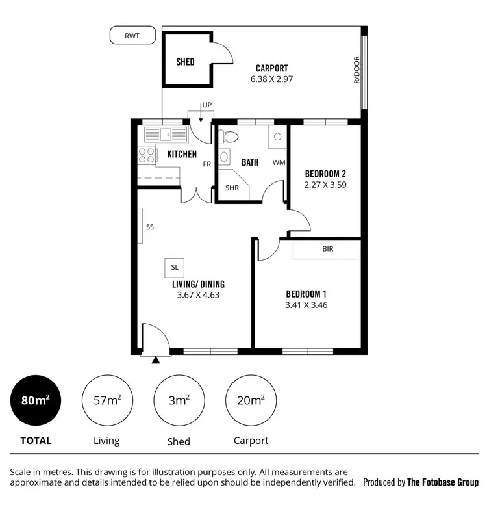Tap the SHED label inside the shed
click(186, 62)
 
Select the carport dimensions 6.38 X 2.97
click(271, 79)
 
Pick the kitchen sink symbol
click(166, 135)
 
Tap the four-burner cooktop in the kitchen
click(147, 155)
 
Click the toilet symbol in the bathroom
click(229, 137)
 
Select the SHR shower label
click(232, 188)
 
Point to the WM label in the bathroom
click(278, 162)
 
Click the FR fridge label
click(206, 164)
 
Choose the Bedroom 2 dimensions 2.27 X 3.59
click(325, 185)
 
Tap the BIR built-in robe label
click(327, 248)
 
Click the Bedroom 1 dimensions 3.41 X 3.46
click(306, 304)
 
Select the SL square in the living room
click(175, 267)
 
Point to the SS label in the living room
click(150, 227)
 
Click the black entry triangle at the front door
click(155, 359)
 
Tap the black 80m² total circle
click(36, 400)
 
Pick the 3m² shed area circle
click(179, 400)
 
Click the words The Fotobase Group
click(443, 482)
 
